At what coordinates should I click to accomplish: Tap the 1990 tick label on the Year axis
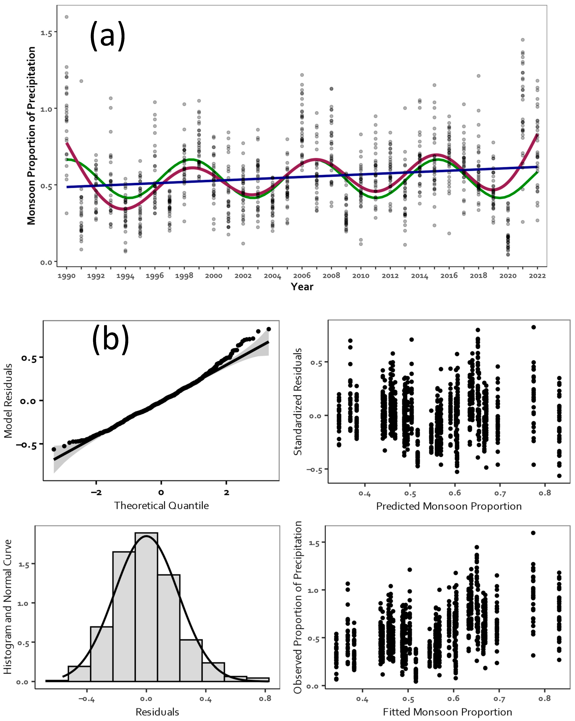67,276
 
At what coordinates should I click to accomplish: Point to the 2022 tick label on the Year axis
537,276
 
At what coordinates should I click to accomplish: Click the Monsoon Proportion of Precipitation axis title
31,135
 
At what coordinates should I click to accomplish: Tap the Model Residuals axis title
8,401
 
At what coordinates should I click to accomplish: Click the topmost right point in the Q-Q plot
268,329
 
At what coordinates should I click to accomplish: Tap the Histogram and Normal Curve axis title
7,606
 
